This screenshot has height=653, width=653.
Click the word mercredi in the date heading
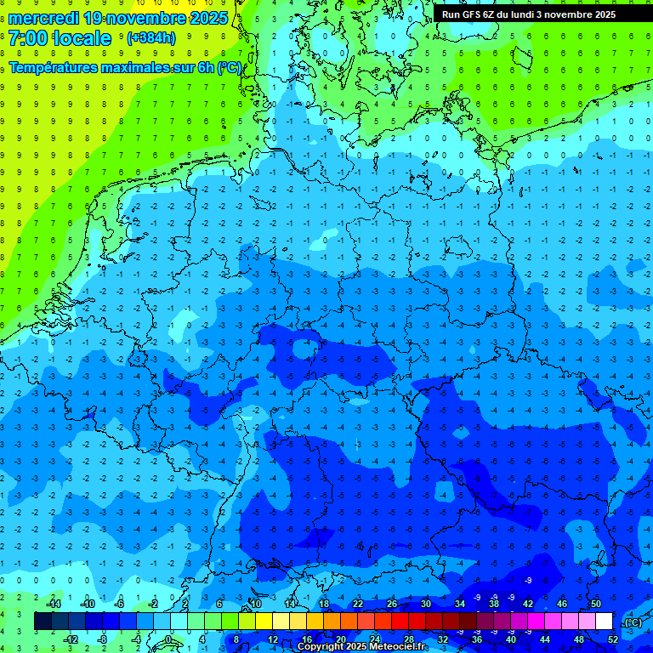tap(43, 18)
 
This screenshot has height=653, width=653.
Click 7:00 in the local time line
tap(27, 38)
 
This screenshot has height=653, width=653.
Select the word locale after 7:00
tap(82, 38)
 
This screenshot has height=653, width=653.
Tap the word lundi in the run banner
tap(532, 14)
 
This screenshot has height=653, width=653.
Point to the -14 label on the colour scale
tap(54, 604)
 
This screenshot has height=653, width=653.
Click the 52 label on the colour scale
tap(613, 639)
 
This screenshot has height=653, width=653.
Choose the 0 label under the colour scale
tap(168, 639)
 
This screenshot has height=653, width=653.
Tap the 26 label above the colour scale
tap(392, 604)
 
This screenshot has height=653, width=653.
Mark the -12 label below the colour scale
tap(71, 639)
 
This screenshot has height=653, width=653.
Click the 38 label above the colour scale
tap(494, 604)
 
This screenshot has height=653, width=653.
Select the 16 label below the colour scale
tap(307, 639)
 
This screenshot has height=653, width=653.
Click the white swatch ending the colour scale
tap(605, 622)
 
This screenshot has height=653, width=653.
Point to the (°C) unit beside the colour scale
tap(633, 622)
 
